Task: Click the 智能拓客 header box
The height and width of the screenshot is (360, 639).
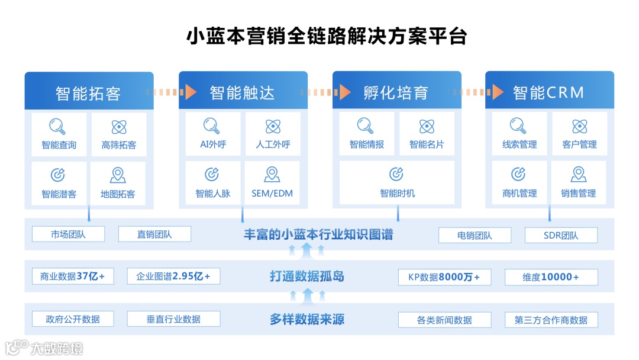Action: (89, 92)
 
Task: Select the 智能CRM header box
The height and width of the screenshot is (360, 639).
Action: (549, 92)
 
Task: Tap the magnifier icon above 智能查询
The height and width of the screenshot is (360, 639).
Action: (57, 126)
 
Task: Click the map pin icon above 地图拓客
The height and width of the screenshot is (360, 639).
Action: (118, 175)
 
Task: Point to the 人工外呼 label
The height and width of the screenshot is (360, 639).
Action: (273, 144)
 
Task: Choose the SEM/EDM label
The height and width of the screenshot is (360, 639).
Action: (272, 193)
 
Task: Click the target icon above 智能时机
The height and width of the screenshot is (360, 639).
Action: (396, 174)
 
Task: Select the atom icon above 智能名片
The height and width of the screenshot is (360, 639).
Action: (427, 126)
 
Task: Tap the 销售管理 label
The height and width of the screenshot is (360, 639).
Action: (578, 193)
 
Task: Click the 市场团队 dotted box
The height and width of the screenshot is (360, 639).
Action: (68, 234)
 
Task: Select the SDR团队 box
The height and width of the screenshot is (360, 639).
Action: (561, 235)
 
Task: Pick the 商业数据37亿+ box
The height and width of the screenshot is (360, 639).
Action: (72, 276)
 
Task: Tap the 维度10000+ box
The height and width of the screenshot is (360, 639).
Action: (551, 277)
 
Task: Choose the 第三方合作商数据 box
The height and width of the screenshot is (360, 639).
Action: (551, 320)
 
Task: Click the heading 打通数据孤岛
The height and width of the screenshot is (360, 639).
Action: (306, 276)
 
